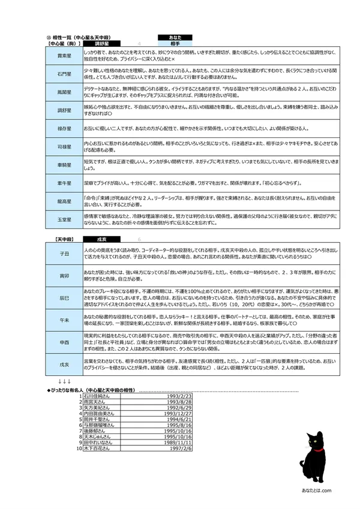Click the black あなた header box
tap(175, 37)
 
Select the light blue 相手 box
tap(175, 44)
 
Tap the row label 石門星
tap(65, 74)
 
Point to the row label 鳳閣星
tap(65, 92)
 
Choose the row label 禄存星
tap(65, 128)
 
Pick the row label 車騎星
tap(65, 164)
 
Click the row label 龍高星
tap(65, 202)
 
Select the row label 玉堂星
tap(65, 220)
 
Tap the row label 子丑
tap(65, 254)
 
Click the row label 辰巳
tap(65, 297)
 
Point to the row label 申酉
tap(65, 341)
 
